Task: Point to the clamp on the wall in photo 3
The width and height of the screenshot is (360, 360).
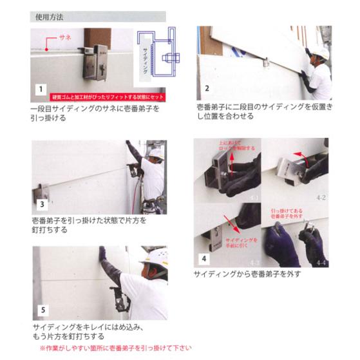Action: click(x=41, y=191)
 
